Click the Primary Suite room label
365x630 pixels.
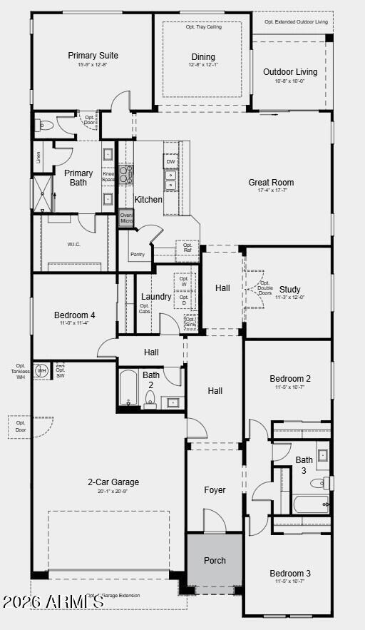[93, 56]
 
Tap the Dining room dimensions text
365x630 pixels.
[203, 66]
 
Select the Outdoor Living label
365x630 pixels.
[290, 72]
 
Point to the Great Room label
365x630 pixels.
[271, 183]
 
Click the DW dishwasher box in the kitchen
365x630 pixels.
[171, 162]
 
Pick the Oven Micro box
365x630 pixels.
[126, 218]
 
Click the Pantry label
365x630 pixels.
[138, 254]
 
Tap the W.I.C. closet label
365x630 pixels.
[74, 244]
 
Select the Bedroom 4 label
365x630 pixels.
[74, 315]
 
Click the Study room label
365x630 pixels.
[290, 289]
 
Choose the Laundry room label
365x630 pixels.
[156, 297]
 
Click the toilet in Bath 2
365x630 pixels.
[150, 402]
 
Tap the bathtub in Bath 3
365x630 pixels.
[311, 504]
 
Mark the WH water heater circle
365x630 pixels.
[42, 371]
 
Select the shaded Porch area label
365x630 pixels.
[215, 561]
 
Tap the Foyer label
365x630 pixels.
[215, 490]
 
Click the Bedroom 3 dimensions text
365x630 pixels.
[289, 581]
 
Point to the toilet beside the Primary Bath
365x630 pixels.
[45, 125]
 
